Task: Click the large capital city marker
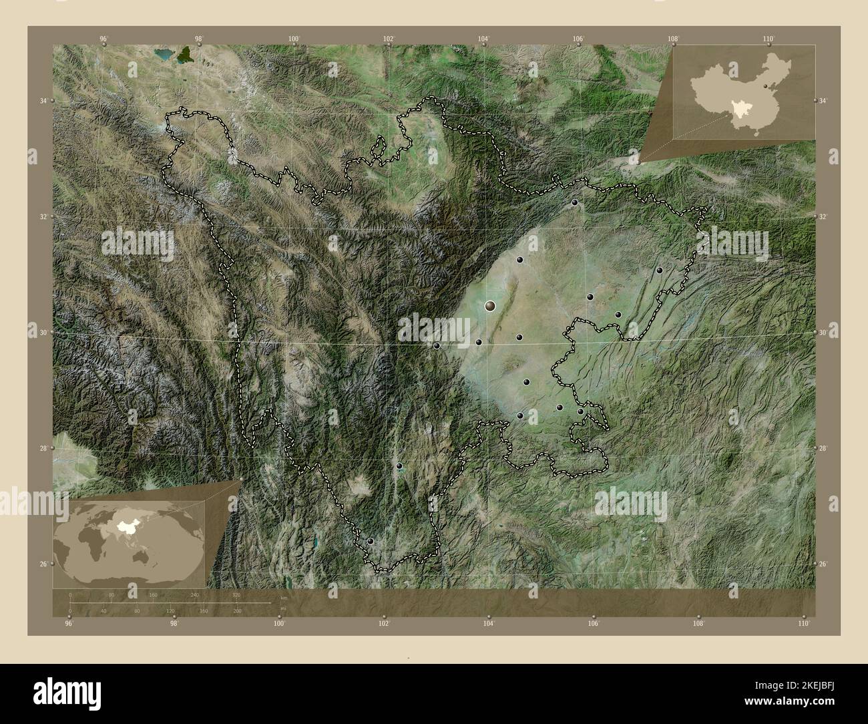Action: (x=491, y=306)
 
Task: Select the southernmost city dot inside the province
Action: (x=371, y=541)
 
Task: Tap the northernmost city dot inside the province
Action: (x=574, y=202)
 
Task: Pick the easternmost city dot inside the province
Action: (x=660, y=270)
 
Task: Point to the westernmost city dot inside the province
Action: (x=371, y=541)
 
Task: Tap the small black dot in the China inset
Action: (x=765, y=87)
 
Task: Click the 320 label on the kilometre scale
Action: (x=236, y=594)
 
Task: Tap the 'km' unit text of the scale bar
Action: (x=283, y=598)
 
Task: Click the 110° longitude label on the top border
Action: (x=769, y=39)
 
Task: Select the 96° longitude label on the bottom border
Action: (x=69, y=624)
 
